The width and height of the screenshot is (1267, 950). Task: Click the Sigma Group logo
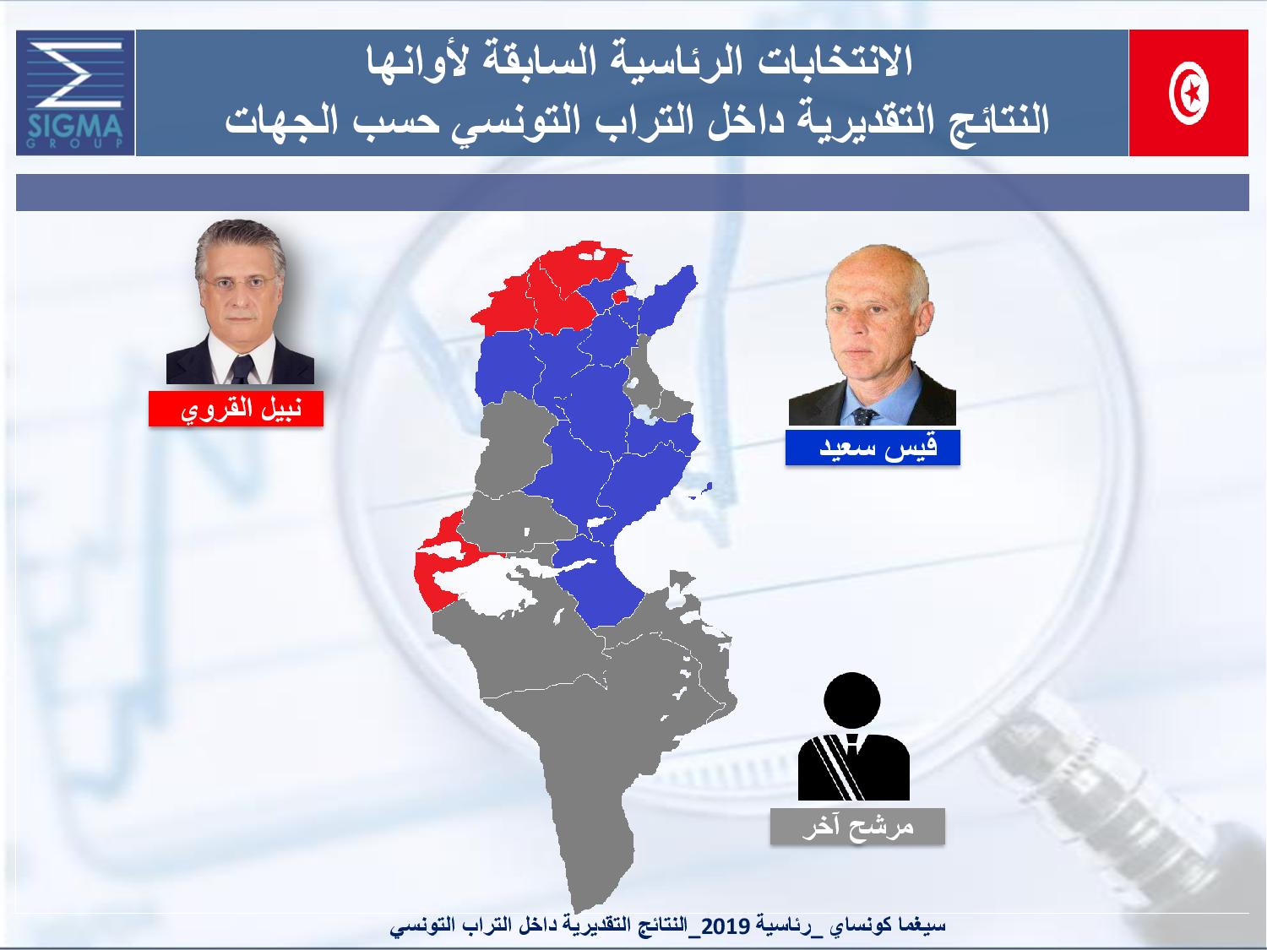click(75, 93)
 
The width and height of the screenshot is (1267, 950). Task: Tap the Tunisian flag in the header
click(1188, 93)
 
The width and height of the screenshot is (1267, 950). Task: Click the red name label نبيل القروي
click(236, 409)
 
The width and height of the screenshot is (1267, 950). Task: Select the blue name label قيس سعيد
click(873, 448)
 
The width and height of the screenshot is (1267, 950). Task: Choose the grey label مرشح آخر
click(857, 827)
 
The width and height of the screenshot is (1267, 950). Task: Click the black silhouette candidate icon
click(854, 736)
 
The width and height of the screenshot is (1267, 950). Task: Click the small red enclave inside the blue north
click(619, 296)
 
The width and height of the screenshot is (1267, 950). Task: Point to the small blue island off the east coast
click(700, 491)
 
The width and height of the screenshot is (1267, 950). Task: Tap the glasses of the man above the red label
click(239, 282)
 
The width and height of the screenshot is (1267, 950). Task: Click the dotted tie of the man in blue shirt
click(864, 415)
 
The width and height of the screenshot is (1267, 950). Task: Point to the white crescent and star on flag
click(1188, 93)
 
